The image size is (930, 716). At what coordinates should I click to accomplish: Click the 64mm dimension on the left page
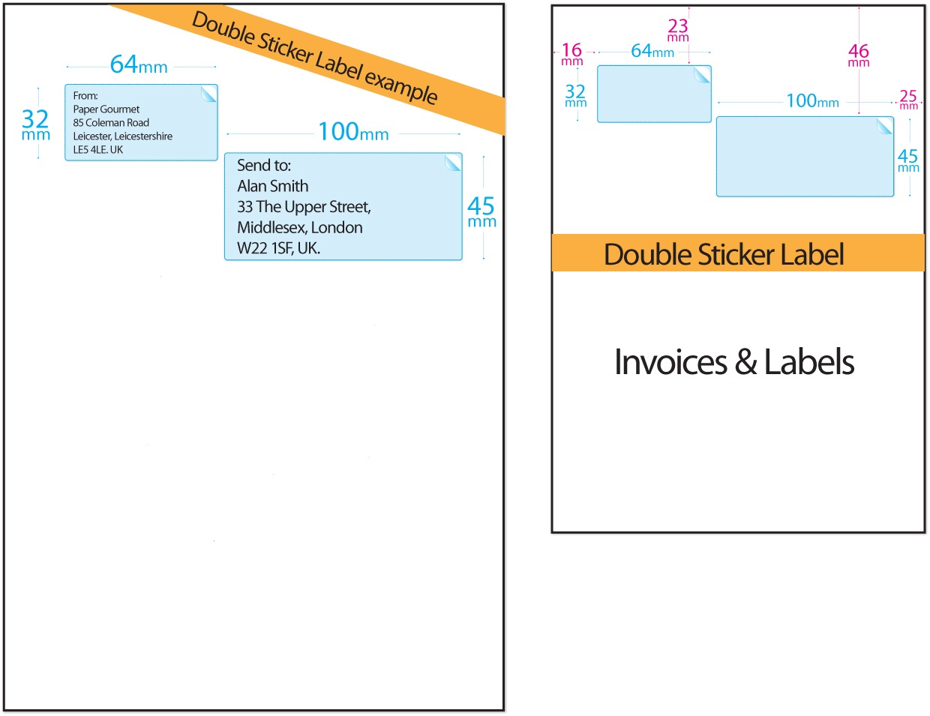tap(139, 65)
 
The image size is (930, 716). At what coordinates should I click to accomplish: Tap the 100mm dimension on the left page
tap(353, 133)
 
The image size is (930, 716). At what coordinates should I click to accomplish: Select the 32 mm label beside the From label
tap(35, 124)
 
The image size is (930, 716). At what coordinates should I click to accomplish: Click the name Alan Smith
tap(273, 186)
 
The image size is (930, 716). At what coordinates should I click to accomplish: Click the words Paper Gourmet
tap(106, 109)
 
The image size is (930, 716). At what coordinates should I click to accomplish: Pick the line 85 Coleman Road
tap(111, 123)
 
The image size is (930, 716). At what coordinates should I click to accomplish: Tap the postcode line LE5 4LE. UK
tap(98, 150)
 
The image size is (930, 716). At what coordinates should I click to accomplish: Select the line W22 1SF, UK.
tap(278, 248)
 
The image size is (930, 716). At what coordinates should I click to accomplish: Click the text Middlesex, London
tap(300, 228)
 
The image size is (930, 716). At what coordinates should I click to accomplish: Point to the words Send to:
tap(264, 165)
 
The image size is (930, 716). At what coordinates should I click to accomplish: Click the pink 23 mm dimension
tap(678, 30)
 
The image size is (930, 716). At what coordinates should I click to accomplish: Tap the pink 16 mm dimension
tap(571, 54)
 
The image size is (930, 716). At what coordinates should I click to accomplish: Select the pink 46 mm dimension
tap(859, 55)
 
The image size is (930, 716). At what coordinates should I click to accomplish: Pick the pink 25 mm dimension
tap(908, 99)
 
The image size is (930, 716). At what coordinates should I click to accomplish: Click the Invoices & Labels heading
tap(734, 362)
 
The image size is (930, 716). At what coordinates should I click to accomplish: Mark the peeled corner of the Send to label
tap(453, 163)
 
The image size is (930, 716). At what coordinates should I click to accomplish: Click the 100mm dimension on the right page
tap(812, 101)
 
